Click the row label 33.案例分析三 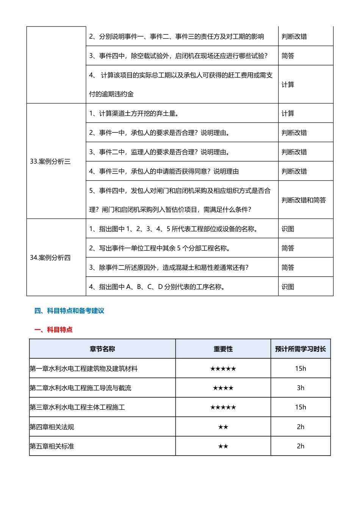50,162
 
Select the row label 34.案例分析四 50,258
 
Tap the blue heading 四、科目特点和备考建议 69,311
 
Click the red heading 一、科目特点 53,330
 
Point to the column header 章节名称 102,349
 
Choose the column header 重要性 223,349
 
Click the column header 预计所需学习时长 301,349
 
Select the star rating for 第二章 223,388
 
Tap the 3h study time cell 301,388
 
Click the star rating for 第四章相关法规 223,427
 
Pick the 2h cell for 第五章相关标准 301,447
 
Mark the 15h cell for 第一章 301,369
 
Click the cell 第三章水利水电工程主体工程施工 77,408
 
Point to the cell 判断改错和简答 304,200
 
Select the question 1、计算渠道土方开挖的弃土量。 134,114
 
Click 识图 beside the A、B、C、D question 288,287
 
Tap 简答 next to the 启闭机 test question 288,56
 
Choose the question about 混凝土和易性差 169,268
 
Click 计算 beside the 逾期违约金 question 288,85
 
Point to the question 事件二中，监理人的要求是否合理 159,152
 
